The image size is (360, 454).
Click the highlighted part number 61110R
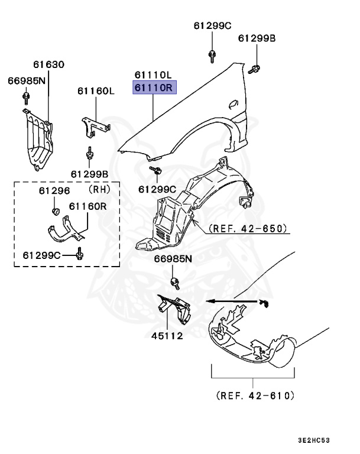pos(153,89)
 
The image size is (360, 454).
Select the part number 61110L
pos(153,75)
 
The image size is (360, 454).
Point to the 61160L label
pos(95,91)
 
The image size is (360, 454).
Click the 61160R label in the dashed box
pos(87,206)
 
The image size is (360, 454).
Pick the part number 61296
pos(54,191)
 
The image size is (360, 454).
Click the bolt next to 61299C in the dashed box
pos(81,255)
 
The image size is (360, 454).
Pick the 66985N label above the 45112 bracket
pos(173,258)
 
